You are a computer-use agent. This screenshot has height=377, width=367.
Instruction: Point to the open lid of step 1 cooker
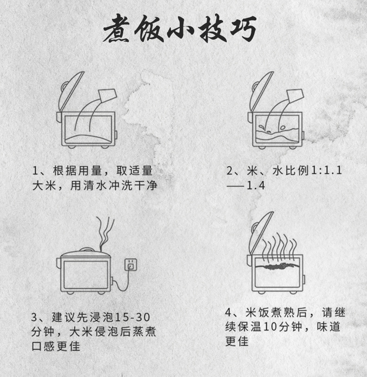point(69,91)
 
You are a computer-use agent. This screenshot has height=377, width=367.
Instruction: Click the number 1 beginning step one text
point(35,171)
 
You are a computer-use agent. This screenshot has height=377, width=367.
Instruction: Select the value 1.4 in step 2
point(255,186)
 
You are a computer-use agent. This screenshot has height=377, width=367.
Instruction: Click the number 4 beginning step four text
point(229,311)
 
